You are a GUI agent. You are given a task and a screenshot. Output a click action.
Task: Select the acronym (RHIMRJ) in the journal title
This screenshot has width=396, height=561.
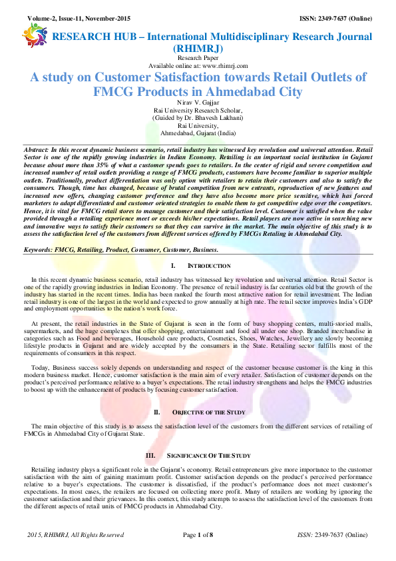tap(198, 49)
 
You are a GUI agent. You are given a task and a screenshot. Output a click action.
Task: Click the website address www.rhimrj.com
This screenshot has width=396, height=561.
tap(222, 65)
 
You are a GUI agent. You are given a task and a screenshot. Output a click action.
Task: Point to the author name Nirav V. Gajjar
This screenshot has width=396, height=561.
tap(198, 103)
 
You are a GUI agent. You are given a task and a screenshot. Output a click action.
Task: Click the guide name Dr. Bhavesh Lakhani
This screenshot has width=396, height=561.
tap(212, 118)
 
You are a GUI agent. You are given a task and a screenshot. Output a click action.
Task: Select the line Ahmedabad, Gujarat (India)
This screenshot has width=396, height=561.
tap(198, 133)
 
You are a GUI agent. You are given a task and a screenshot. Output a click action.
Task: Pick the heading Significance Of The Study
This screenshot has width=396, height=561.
tap(208, 456)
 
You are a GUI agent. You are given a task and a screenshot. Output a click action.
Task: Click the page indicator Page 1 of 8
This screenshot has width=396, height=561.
tap(198, 534)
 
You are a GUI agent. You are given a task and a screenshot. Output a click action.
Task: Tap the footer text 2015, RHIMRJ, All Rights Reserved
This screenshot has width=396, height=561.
tap(76, 534)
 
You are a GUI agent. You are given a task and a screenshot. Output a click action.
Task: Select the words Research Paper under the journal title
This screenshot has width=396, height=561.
tap(198, 59)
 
